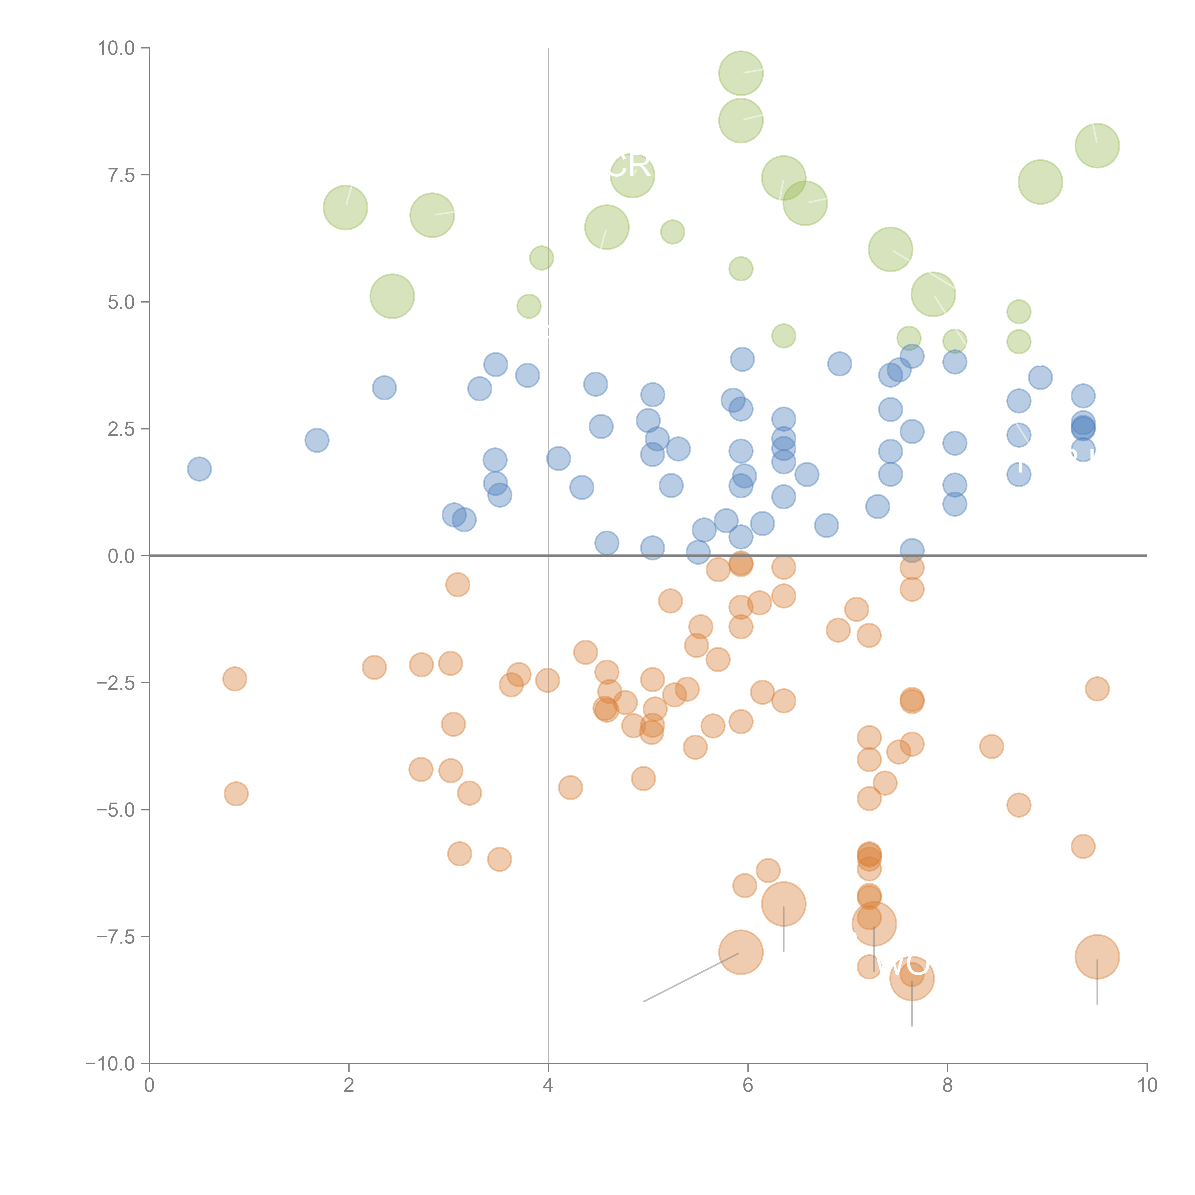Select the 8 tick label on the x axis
[x=948, y=1086]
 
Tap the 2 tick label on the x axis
[x=349, y=1086]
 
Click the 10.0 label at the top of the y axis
[x=116, y=48]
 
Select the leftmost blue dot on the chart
[x=199, y=469]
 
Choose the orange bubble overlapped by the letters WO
[x=912, y=978]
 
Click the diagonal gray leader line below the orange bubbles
[x=691, y=977]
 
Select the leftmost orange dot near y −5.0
[x=236, y=793]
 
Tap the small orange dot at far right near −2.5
[x=1097, y=688]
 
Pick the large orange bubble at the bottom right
[x=1097, y=956]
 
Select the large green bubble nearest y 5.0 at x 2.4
[x=392, y=296]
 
